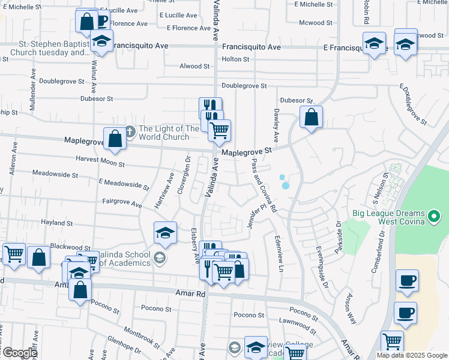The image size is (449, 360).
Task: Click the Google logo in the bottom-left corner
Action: pos(20,352)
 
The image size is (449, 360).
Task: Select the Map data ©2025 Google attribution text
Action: pos(411,355)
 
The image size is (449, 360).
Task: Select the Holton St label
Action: pos(235,59)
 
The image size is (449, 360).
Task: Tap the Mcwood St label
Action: pos(316,23)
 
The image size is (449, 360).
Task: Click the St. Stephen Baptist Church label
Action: pos(54,48)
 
